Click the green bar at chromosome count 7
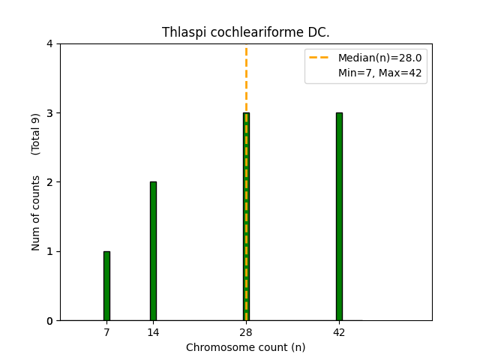[106, 286]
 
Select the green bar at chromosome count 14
[153, 251]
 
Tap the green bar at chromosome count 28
[246, 217]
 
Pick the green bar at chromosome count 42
[339, 217]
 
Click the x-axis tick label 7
[106, 332]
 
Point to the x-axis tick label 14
[153, 332]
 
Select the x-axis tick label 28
[246, 332]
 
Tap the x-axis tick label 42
[339, 332]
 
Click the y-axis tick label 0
[49, 321]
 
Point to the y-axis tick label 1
[49, 251]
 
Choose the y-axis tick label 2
[49, 182]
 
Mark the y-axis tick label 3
[49, 113]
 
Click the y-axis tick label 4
[49, 44]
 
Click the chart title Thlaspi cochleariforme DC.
[246, 32]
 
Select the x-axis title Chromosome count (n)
[246, 347]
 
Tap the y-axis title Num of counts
[36, 214]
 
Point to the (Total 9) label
[36, 134]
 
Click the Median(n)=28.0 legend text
[379, 58]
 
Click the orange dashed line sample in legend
[321, 58]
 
